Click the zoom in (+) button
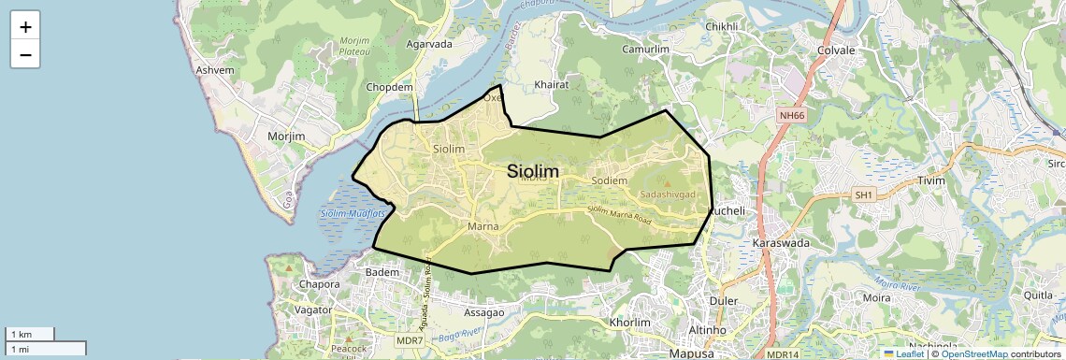coord(25,27)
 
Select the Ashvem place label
coord(214,70)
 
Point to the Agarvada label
coord(429,43)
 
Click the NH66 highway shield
coord(791,115)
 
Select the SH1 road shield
coord(862,194)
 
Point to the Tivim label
coord(931,180)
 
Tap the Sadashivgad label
coord(669,194)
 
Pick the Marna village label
coord(483,226)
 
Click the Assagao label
coord(483,311)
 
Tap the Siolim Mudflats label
coord(353,214)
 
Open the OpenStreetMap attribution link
coord(973,353)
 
